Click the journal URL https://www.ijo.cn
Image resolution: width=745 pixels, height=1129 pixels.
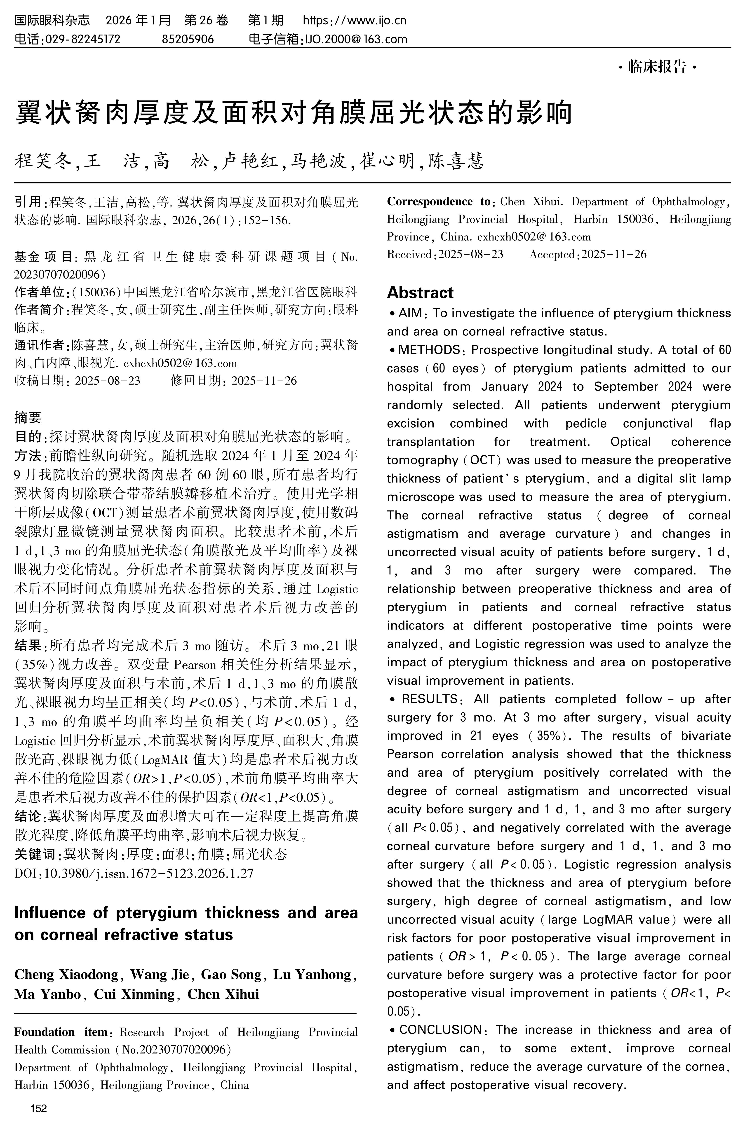tap(355, 20)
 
